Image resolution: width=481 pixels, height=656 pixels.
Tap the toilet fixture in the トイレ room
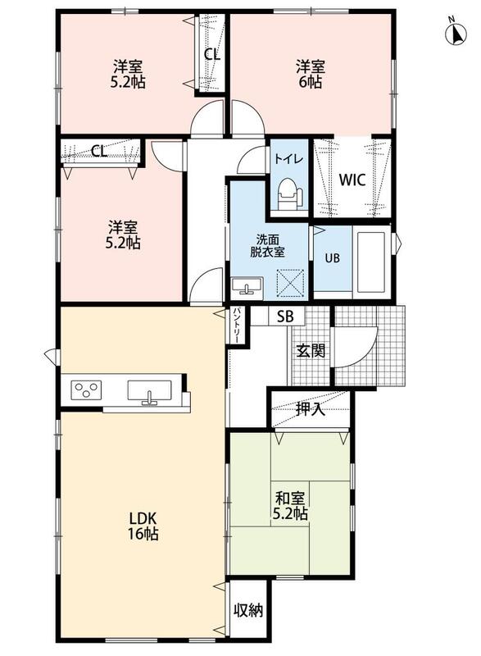[x=289, y=193]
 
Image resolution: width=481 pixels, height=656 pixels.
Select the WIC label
[x=352, y=180]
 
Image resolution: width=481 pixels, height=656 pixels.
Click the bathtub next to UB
[x=371, y=262]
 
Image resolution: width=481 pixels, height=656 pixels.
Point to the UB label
[x=333, y=258]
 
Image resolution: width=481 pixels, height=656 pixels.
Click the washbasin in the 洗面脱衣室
[x=247, y=286]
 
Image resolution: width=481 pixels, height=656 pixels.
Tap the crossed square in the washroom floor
[x=289, y=283]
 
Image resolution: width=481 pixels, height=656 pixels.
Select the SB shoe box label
[x=286, y=317]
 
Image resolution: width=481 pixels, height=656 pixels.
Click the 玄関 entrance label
[x=311, y=351]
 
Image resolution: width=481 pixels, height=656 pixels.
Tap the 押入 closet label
[x=310, y=409]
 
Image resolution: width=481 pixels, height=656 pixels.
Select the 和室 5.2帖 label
[x=290, y=505]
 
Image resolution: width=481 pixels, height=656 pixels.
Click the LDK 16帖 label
[x=143, y=526]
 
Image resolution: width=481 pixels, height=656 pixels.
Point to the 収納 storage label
[x=248, y=610]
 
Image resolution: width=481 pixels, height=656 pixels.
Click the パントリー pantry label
[x=236, y=326]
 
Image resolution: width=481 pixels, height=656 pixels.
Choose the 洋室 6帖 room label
[x=310, y=74]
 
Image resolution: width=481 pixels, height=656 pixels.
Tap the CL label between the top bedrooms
[x=212, y=54]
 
